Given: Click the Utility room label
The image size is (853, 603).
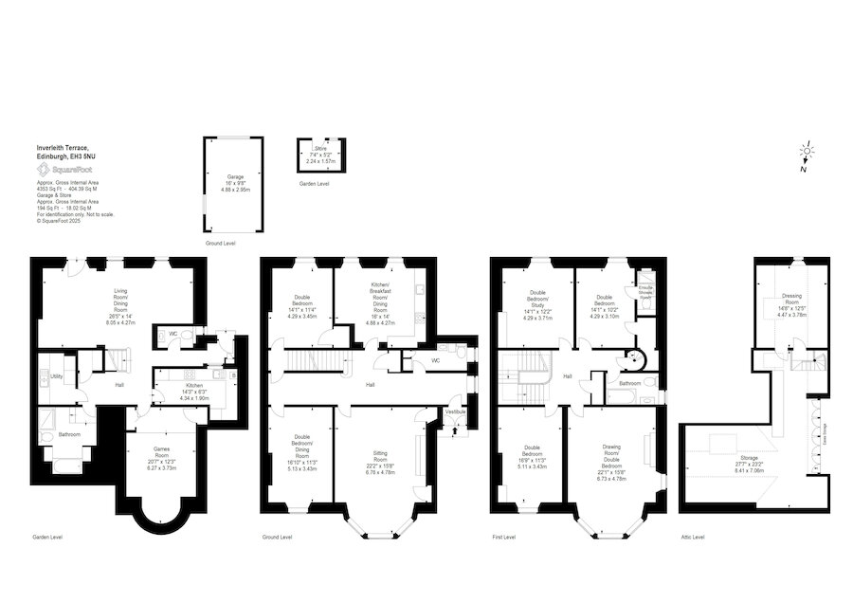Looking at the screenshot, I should coord(57,376).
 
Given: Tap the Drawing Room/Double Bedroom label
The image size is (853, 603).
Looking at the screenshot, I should coord(611,455).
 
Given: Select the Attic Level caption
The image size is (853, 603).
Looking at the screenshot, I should coord(693,537).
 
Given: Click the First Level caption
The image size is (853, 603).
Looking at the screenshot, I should coord(503,537).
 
